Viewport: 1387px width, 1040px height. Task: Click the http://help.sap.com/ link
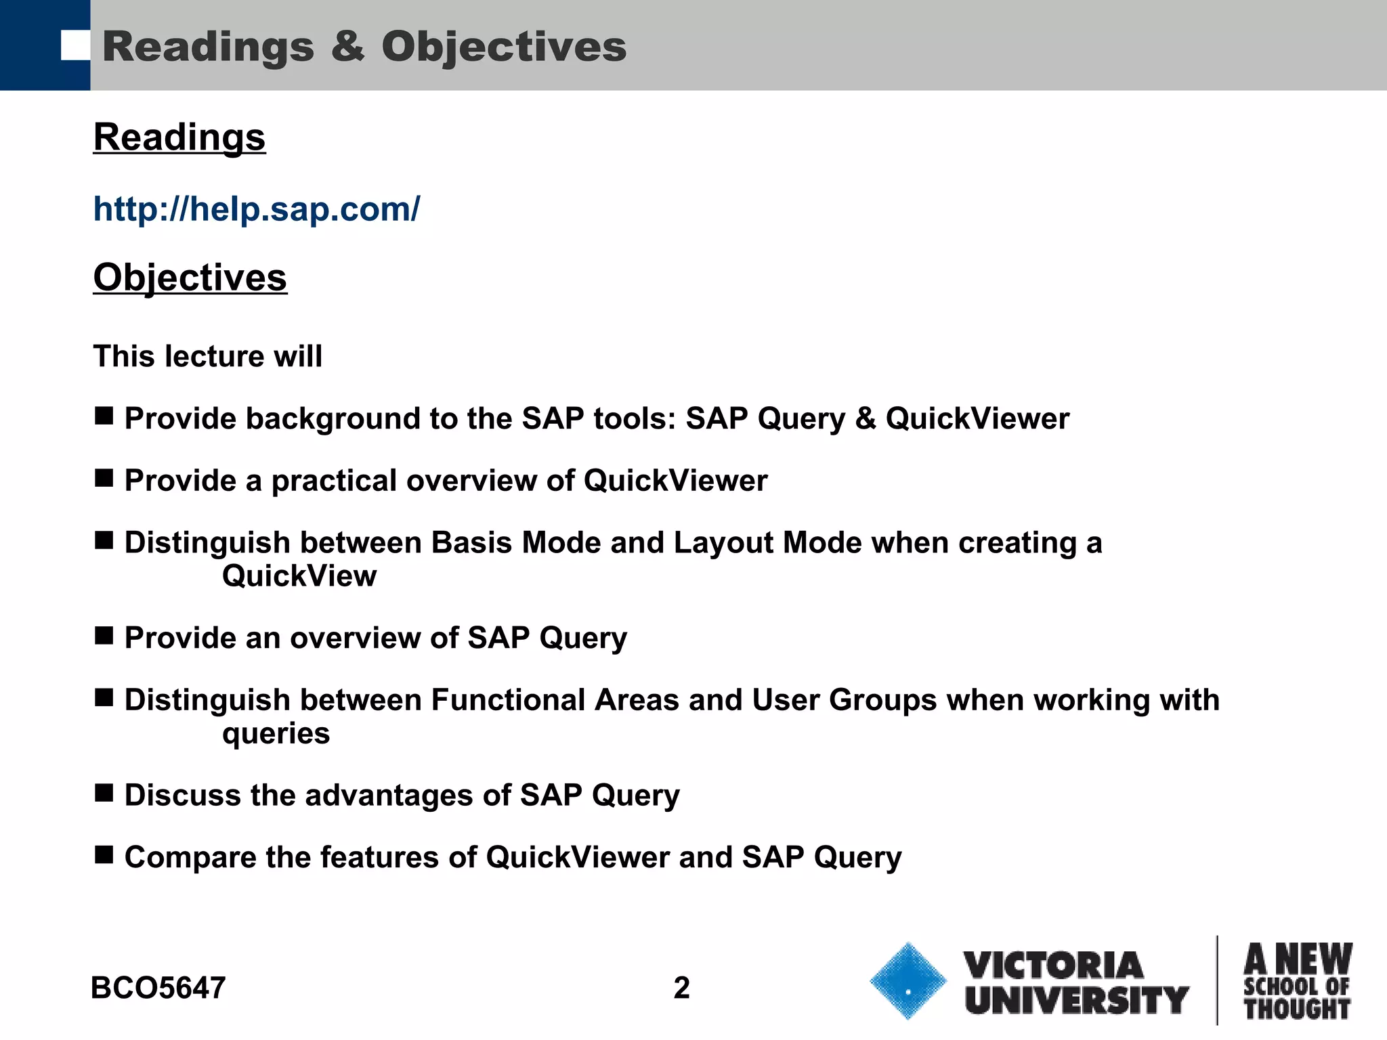(x=256, y=209)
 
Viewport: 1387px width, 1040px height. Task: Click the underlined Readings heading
(x=179, y=137)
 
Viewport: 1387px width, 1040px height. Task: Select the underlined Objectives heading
(x=190, y=278)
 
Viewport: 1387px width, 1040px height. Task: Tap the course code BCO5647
(x=158, y=988)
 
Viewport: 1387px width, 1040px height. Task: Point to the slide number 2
(x=681, y=988)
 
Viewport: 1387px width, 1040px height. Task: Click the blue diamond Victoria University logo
(x=908, y=981)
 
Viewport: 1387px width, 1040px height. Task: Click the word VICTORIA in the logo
(x=1053, y=965)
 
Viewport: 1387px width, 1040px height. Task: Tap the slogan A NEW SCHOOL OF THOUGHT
(x=1297, y=982)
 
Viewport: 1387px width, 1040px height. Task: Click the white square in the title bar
(x=75, y=45)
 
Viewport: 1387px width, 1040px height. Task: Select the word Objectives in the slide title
(x=504, y=47)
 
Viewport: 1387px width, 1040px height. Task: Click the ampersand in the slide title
(x=347, y=47)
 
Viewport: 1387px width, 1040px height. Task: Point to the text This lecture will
(x=207, y=356)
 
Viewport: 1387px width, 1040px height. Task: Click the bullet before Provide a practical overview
(x=104, y=478)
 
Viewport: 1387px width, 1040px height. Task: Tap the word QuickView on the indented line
(x=299, y=576)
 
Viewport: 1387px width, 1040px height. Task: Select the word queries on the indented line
(x=276, y=733)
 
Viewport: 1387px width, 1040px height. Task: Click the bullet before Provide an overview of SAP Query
(x=104, y=635)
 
